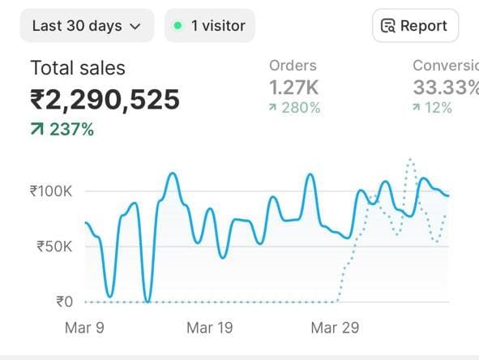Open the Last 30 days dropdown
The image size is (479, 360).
86,26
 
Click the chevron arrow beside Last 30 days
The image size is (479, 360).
135,27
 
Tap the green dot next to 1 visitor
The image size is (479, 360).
177,26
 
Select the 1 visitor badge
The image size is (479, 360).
209,26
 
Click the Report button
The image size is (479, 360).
414,26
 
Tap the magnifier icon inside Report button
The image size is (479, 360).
389,26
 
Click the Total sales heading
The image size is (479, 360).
78,68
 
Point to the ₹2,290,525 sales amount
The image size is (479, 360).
105,100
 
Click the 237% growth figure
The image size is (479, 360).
71,129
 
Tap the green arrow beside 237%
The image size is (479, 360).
37,129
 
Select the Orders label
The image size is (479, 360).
293,66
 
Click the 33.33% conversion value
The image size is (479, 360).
445,87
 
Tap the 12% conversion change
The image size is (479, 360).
438,108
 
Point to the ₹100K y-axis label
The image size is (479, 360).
51,191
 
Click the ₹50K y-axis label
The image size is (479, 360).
54,246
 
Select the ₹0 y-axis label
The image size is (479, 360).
64,302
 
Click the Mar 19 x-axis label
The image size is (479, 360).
209,328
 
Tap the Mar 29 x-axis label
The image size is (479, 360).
335,328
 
